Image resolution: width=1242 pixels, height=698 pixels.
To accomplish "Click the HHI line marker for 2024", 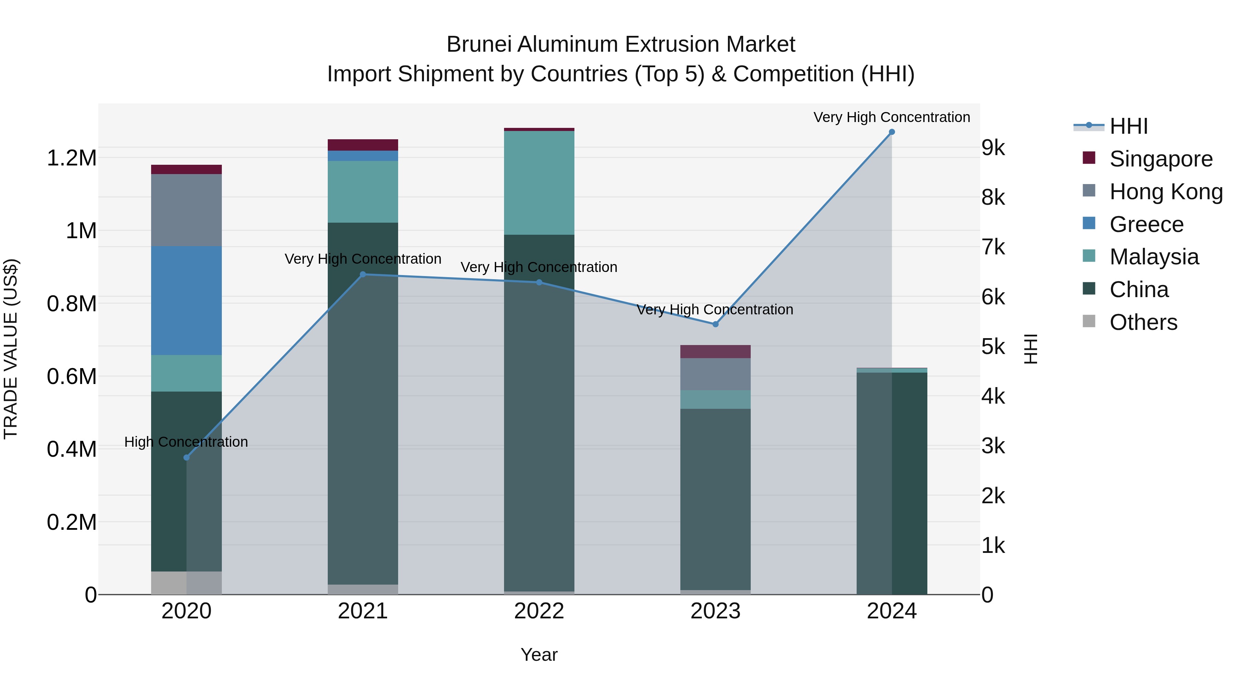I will pos(891,132).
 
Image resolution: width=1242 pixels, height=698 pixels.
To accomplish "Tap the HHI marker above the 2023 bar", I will pos(716,324).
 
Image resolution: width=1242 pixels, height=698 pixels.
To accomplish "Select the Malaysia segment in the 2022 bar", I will pos(539,183).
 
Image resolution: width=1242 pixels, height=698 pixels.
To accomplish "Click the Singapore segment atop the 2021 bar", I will pos(363,145).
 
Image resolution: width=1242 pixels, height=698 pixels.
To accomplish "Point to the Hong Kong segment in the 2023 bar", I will pos(716,374).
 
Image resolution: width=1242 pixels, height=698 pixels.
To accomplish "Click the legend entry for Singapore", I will pos(1161,159).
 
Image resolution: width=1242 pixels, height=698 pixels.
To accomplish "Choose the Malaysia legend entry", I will pos(1154,257).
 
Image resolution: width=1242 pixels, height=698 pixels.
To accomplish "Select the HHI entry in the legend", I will pos(1128,126).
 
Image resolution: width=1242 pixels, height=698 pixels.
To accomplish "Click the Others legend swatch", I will pos(1089,321).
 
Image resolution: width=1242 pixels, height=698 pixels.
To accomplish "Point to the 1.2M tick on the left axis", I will pos(71,158).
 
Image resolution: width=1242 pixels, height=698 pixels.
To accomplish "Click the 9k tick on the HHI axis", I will pos(993,148).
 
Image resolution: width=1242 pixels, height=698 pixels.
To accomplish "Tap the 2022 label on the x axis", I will pos(539,611).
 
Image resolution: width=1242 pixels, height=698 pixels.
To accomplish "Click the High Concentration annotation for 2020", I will pos(186,442).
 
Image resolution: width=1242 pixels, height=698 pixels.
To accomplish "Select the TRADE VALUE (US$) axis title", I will pos(11,349).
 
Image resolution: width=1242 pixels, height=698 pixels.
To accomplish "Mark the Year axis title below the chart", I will pos(539,655).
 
